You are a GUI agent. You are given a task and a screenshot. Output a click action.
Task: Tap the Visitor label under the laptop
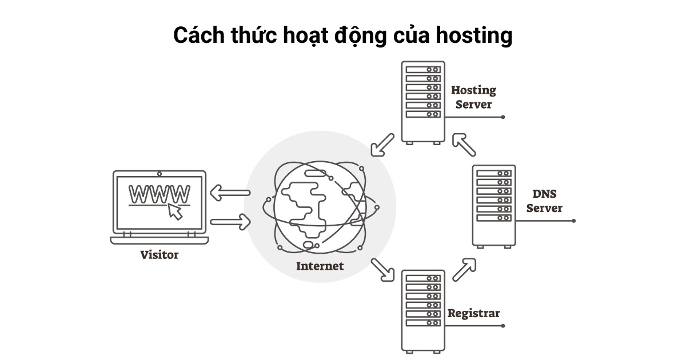click(x=159, y=255)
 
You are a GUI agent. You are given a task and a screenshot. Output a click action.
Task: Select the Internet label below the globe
click(x=320, y=266)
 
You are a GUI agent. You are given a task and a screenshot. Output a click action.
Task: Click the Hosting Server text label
click(x=473, y=97)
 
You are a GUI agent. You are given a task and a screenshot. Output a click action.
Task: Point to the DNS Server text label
click(x=544, y=201)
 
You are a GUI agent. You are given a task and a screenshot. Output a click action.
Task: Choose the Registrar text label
click(x=473, y=313)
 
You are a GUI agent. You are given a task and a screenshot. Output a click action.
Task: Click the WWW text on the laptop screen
click(x=159, y=194)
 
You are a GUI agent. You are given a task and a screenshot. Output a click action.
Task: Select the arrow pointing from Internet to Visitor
click(x=230, y=193)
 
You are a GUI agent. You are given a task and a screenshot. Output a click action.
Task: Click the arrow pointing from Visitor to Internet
click(x=230, y=221)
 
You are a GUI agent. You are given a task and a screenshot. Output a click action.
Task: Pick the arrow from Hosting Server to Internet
click(x=382, y=145)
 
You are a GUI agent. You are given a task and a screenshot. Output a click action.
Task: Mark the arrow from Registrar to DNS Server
click(x=464, y=269)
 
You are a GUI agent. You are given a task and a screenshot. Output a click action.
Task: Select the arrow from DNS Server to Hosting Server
click(x=464, y=145)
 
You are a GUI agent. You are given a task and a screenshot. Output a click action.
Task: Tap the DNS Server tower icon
click(x=494, y=206)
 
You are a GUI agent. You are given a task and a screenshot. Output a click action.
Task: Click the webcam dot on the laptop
click(x=159, y=173)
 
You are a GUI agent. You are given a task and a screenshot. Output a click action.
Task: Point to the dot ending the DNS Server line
click(x=573, y=221)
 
